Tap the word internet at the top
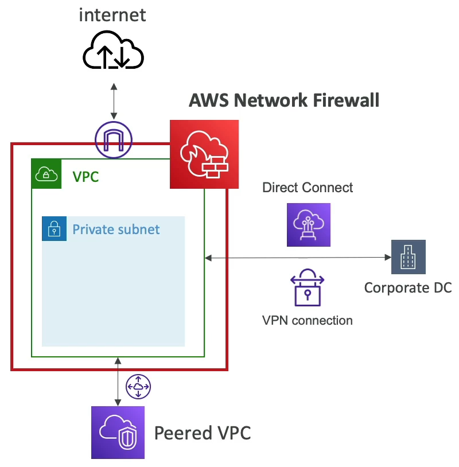tap(112, 14)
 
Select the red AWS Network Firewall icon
tap(204, 154)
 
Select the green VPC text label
tap(85, 176)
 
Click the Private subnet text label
tap(116, 230)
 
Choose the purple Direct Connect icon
tap(309, 224)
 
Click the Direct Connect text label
tap(308, 188)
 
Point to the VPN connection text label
tap(307, 320)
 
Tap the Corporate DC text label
tap(408, 287)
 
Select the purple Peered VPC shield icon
tap(118, 433)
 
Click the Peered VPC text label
tap(203, 433)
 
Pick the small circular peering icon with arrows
tap(138, 387)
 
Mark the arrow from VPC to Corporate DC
tap(298, 258)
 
